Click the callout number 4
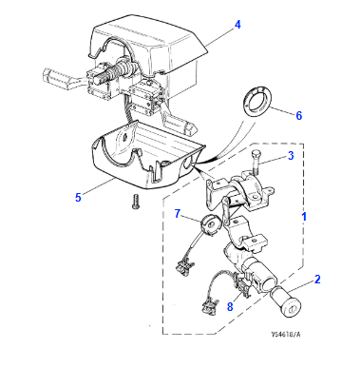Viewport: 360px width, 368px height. coord(237,23)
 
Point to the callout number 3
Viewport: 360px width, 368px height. coord(291,156)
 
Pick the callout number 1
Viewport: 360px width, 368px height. coord(305,217)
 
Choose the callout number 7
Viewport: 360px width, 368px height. coord(177,213)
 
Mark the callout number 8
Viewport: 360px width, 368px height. coord(229,306)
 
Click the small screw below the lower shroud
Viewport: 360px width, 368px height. coord(135,201)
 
